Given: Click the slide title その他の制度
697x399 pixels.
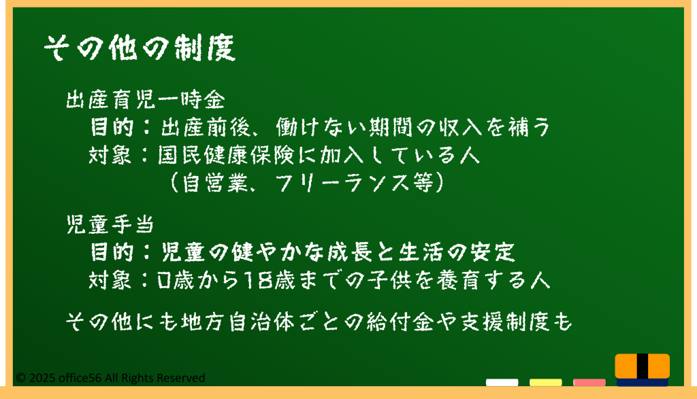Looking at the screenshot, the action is point(140,48).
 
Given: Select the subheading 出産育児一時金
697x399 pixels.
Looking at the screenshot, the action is point(146,99).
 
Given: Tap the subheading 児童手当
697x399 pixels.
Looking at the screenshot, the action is point(110,224).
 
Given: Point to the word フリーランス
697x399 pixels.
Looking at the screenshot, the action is point(342,183).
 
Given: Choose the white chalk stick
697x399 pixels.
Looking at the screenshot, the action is point(502,383).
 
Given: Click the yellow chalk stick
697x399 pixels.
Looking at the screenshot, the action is point(545,383).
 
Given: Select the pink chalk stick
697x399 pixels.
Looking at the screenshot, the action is point(589,383).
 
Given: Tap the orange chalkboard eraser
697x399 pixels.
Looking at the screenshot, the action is point(643,369).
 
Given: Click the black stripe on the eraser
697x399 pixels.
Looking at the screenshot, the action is point(643,366).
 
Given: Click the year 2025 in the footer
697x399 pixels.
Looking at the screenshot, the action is point(42,378).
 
